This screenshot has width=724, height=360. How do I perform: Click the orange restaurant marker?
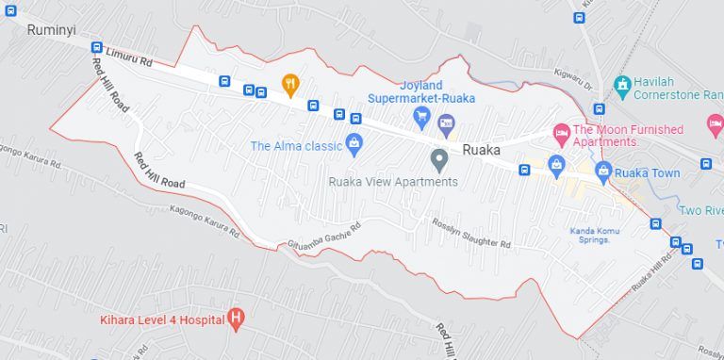[x=290, y=84]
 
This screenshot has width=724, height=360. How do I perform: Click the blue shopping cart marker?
[x=422, y=116]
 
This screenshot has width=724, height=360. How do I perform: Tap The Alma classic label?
[x=296, y=145]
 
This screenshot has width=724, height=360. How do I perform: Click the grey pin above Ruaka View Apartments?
[x=438, y=160]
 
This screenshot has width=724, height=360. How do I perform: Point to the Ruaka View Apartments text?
[x=393, y=182]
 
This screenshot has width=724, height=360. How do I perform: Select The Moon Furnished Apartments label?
[x=619, y=136]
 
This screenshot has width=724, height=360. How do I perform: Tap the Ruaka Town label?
[x=647, y=173]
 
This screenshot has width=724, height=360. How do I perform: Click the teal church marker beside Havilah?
[x=621, y=87]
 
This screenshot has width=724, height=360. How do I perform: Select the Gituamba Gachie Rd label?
[x=324, y=235]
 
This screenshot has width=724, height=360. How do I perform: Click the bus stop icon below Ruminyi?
[x=96, y=47]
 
